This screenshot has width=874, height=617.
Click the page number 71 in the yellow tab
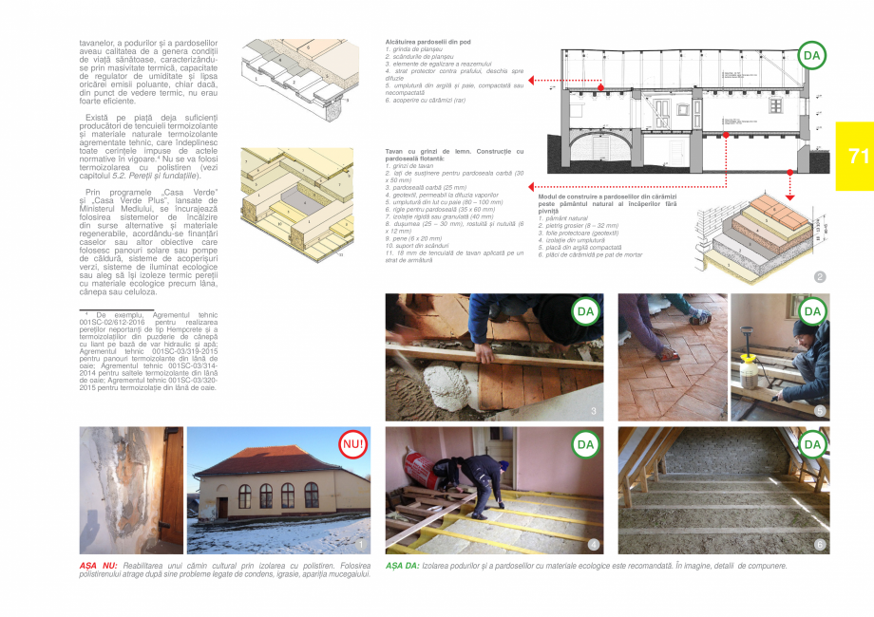pyautogui.click(x=858, y=157)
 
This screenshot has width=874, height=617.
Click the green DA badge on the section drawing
pyautogui.click(x=811, y=56)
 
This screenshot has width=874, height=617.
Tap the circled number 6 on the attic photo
pyautogui.click(x=820, y=545)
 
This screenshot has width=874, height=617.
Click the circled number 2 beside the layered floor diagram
pyautogui.click(x=820, y=277)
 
